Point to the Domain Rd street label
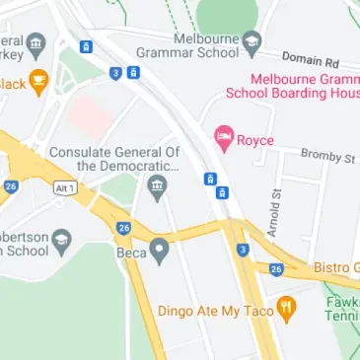pos(310,60)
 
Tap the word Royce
pos(255,140)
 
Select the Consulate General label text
pos(114,159)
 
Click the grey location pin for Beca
pos(159,252)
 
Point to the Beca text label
pos(131,252)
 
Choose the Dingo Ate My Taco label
pos(214,311)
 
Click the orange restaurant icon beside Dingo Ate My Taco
pos(287,310)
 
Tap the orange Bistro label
pos(336,268)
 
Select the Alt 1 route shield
pos(64,186)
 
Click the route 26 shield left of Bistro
pos(276,269)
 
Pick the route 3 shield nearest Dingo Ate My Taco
pos(243,250)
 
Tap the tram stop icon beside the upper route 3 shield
pos(133,72)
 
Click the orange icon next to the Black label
pos(38,83)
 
